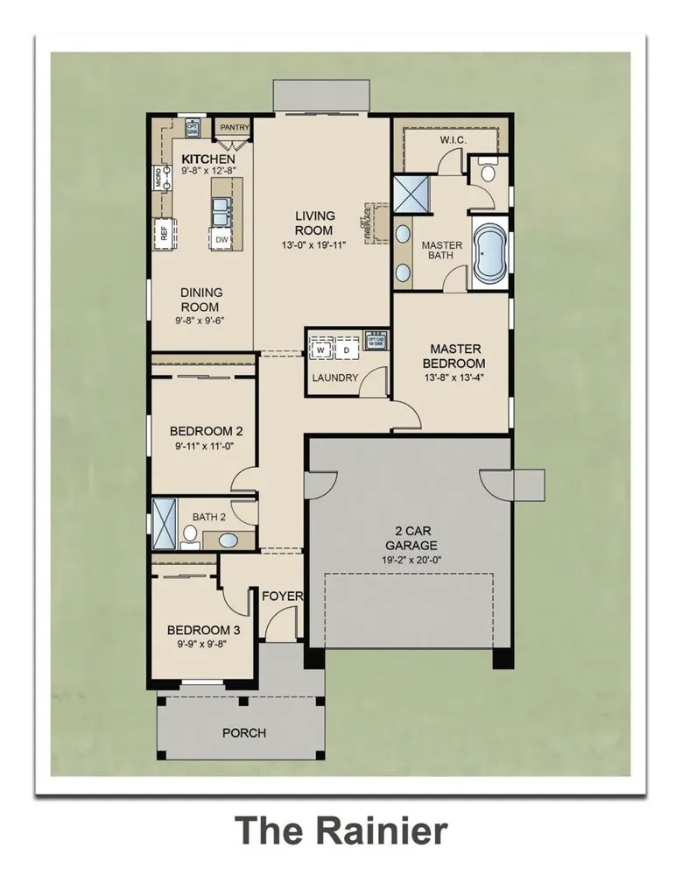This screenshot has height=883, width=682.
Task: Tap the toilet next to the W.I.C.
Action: (488, 173)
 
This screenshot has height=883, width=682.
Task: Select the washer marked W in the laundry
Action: (321, 350)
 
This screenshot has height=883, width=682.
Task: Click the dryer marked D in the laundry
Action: (346, 350)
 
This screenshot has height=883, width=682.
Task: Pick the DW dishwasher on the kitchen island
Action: (221, 238)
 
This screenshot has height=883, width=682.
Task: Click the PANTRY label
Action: (234, 128)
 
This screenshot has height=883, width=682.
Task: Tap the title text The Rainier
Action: (341, 829)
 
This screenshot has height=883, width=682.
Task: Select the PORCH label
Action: (243, 732)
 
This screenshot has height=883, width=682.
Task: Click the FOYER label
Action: (282, 597)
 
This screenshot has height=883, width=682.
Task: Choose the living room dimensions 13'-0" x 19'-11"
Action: (314, 244)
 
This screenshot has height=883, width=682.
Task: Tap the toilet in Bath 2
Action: (189, 534)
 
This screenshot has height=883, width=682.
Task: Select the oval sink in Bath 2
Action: (227, 540)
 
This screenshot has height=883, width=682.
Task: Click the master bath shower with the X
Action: (408, 194)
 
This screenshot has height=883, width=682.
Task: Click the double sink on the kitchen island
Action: (221, 210)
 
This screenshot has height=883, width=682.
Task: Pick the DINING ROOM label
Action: (201, 300)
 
